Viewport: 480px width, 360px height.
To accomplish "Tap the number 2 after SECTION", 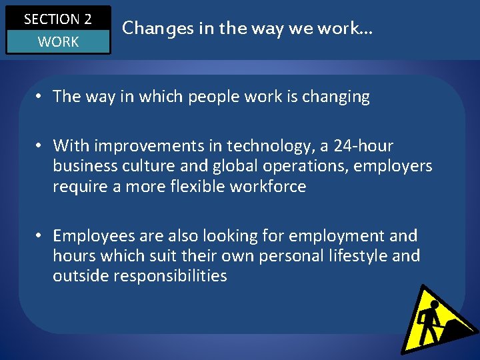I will pyautogui.click(x=87, y=19).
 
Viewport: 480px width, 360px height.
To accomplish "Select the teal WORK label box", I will pyautogui.click(x=58, y=42).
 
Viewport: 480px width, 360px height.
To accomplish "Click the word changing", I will pyautogui.click(x=336, y=97).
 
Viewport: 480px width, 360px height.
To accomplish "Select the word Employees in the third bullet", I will pyautogui.click(x=93, y=236).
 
